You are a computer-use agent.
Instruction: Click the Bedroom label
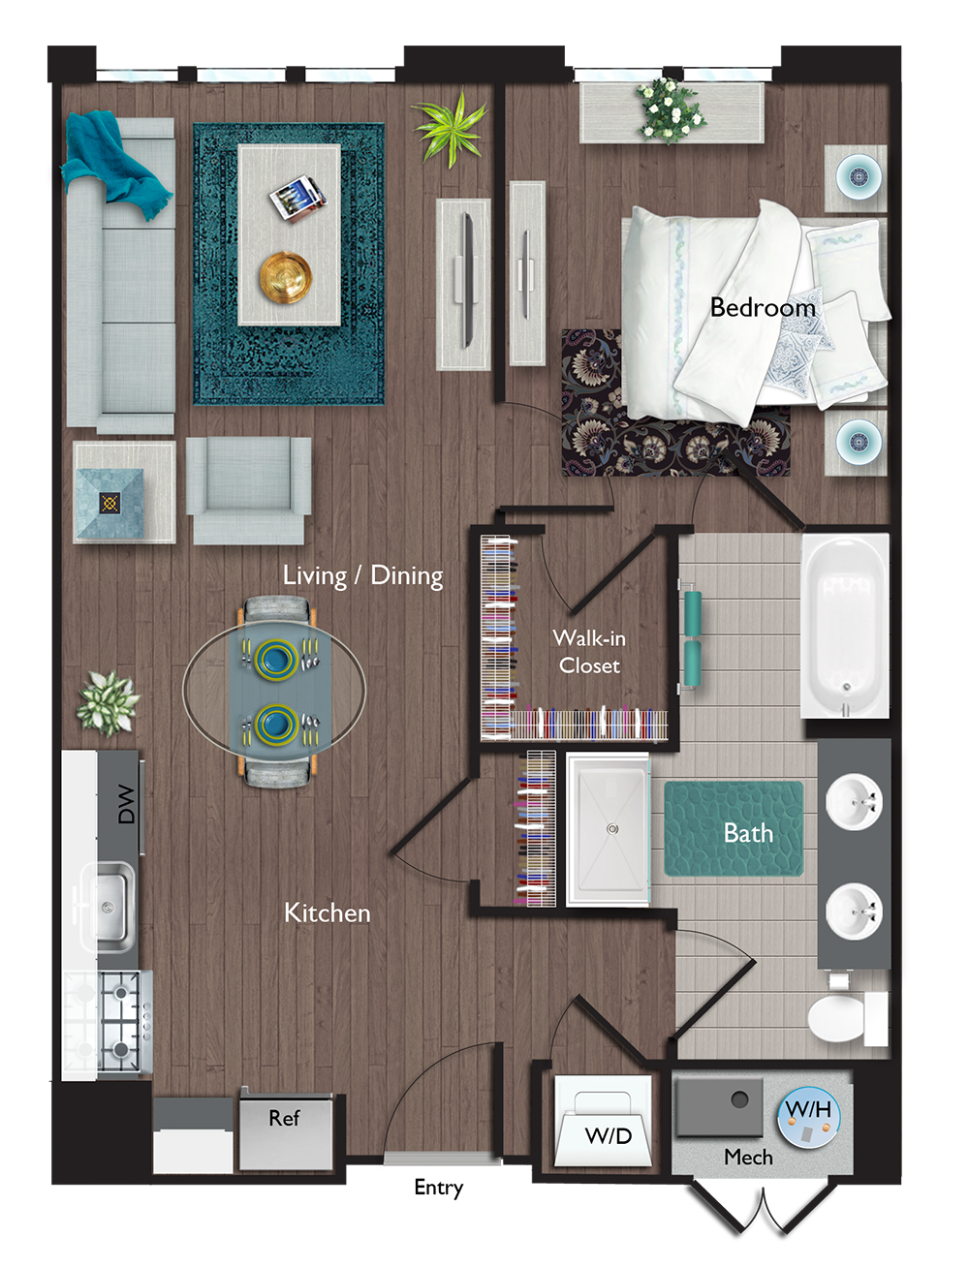pyautogui.click(x=763, y=308)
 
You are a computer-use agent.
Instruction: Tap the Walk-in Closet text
pyautogui.click(x=589, y=652)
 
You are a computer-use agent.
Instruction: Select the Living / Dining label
pyautogui.click(x=362, y=575)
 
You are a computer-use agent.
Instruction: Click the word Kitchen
pyautogui.click(x=327, y=912)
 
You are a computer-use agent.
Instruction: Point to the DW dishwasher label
pyautogui.click(x=126, y=804)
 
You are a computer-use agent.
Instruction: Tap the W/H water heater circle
pyautogui.click(x=808, y=1116)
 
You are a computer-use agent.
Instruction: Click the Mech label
pyautogui.click(x=748, y=1158)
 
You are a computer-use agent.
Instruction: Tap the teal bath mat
pyautogui.click(x=734, y=829)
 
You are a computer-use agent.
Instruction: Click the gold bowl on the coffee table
pyautogui.click(x=285, y=276)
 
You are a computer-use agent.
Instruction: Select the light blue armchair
pyautogui.click(x=248, y=488)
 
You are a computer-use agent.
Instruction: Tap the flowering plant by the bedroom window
pyautogui.click(x=669, y=108)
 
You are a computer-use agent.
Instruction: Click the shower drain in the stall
pyautogui.click(x=612, y=829)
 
